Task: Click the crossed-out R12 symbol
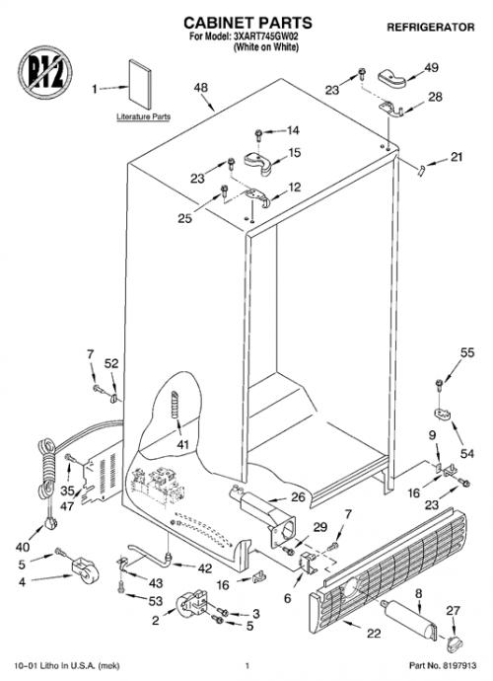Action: [45, 72]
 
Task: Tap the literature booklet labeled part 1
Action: [140, 84]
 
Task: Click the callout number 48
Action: [200, 88]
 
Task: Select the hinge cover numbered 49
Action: [391, 79]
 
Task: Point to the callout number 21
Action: [457, 157]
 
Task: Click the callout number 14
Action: [293, 130]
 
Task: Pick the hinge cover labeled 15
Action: [257, 163]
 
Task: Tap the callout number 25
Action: [185, 218]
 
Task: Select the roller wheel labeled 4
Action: [85, 570]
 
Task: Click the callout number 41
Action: [182, 445]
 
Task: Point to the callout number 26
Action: [298, 496]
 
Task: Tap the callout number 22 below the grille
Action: [374, 634]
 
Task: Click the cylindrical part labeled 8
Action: [409, 619]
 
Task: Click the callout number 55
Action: [467, 352]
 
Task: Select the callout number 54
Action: [467, 453]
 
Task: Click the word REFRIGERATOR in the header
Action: [431, 28]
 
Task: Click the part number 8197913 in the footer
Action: [459, 665]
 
